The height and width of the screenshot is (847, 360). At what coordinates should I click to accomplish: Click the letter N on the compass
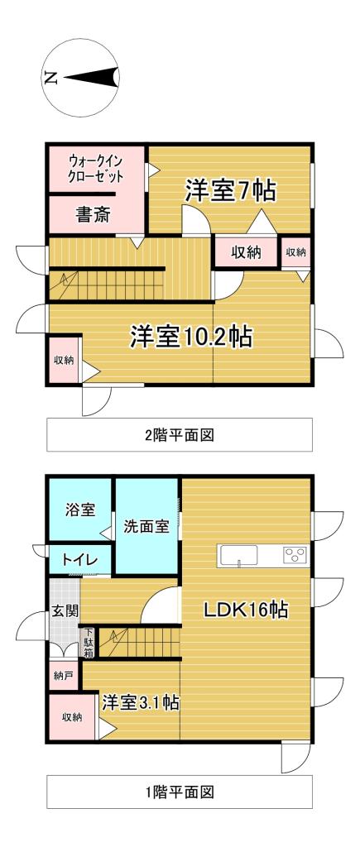point(51,79)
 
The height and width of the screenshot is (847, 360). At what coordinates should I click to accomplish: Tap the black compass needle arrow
point(92,79)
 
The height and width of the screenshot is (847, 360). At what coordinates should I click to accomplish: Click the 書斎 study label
point(94,216)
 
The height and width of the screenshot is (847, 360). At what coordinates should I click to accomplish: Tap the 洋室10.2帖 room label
point(191,337)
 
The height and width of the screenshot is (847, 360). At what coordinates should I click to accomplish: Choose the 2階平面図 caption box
point(179,434)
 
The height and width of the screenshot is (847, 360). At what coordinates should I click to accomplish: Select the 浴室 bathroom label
point(80,510)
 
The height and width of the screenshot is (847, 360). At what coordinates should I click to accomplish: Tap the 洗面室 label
point(146,526)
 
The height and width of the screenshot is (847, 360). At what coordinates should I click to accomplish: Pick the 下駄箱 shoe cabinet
point(88,642)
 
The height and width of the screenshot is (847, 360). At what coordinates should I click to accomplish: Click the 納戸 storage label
point(63,676)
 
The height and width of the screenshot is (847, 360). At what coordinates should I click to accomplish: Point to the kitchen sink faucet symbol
point(239,563)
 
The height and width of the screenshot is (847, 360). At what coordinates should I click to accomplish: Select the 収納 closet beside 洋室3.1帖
point(72,717)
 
